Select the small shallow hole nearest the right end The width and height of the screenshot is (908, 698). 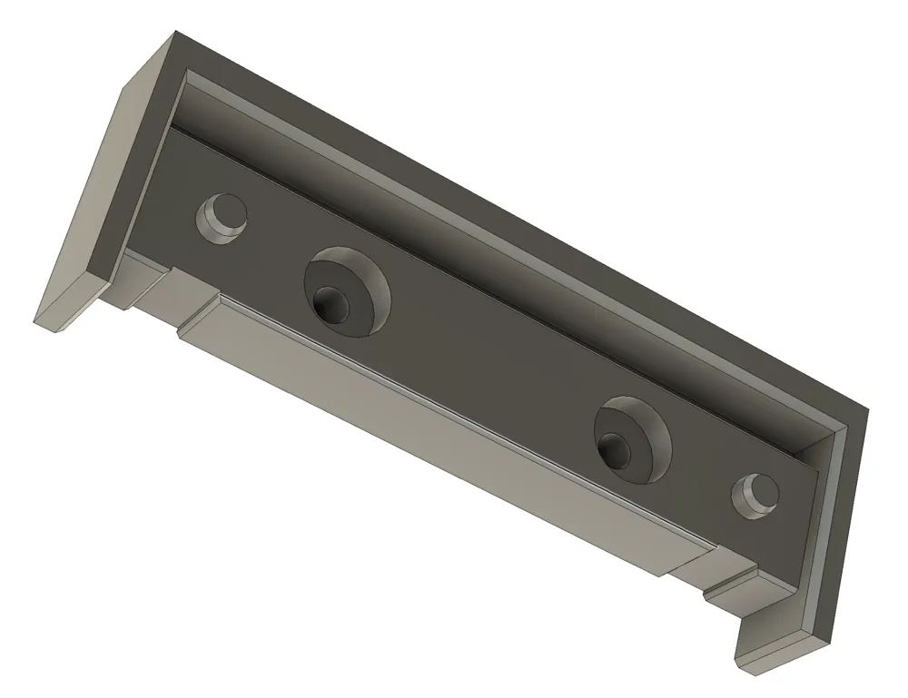pos(755,496)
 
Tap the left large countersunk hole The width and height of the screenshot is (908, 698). pos(347,290)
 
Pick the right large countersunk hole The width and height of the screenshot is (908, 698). pos(633,439)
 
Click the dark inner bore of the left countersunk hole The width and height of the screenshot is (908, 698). pos(330,303)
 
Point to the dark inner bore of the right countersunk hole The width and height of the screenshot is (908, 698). pos(617,449)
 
